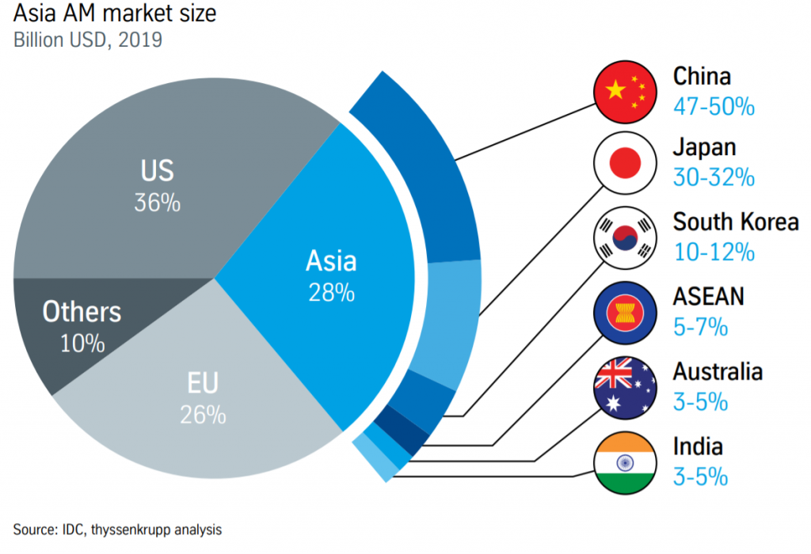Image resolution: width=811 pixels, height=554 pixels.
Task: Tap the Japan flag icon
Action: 625,164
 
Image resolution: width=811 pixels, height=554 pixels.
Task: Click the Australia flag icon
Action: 625,387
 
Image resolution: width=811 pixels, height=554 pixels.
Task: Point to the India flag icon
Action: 625,461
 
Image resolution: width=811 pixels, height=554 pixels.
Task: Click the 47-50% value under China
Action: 713,106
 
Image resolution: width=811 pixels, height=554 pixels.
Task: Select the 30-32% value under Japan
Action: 713,178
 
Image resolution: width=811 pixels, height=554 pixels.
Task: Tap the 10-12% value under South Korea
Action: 713,252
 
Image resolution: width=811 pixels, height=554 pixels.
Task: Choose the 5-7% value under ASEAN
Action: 700,326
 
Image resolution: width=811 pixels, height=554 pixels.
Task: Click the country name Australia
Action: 718,371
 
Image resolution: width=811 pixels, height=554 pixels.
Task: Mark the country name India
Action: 697,446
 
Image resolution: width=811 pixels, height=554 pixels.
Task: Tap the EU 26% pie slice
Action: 206,396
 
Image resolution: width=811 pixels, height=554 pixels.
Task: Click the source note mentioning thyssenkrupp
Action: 117,529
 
